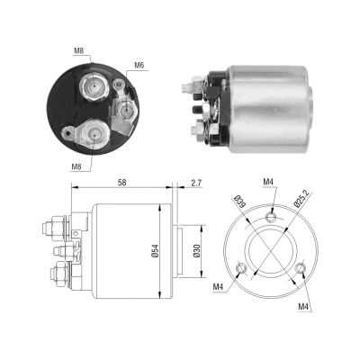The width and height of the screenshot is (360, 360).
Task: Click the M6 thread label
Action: coord(139,65)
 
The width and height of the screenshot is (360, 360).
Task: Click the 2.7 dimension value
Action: coord(196,183)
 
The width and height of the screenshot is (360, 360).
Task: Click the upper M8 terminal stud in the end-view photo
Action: coord(93,87)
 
